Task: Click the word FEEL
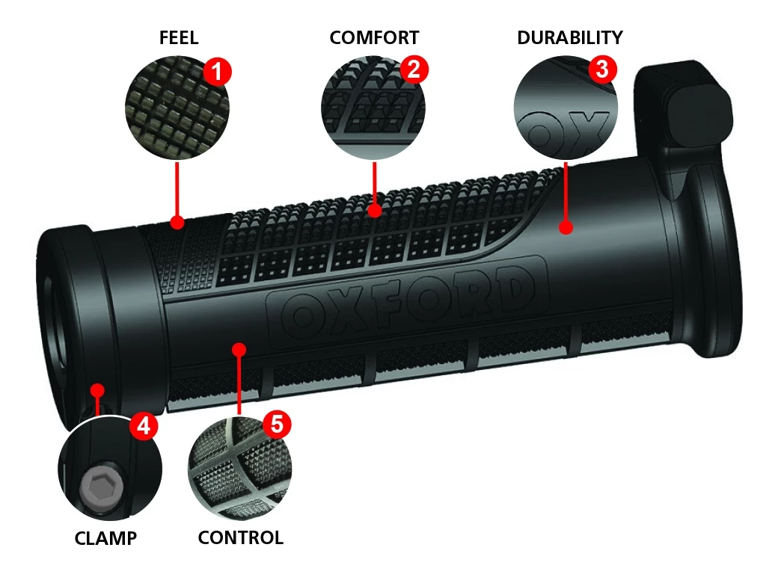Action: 179,38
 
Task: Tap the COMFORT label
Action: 374,38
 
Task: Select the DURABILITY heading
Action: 569,38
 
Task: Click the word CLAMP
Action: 105,537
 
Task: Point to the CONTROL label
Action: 240,537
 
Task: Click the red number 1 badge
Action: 217,72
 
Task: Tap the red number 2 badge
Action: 414,70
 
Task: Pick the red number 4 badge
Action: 144,426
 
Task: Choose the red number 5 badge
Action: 276,425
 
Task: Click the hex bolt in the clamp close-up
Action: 101,489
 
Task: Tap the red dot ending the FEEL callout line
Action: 177,222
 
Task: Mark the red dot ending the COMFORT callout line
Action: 374,212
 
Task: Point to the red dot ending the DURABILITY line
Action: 566,226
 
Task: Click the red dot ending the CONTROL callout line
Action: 239,348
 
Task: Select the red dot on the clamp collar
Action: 97,389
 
